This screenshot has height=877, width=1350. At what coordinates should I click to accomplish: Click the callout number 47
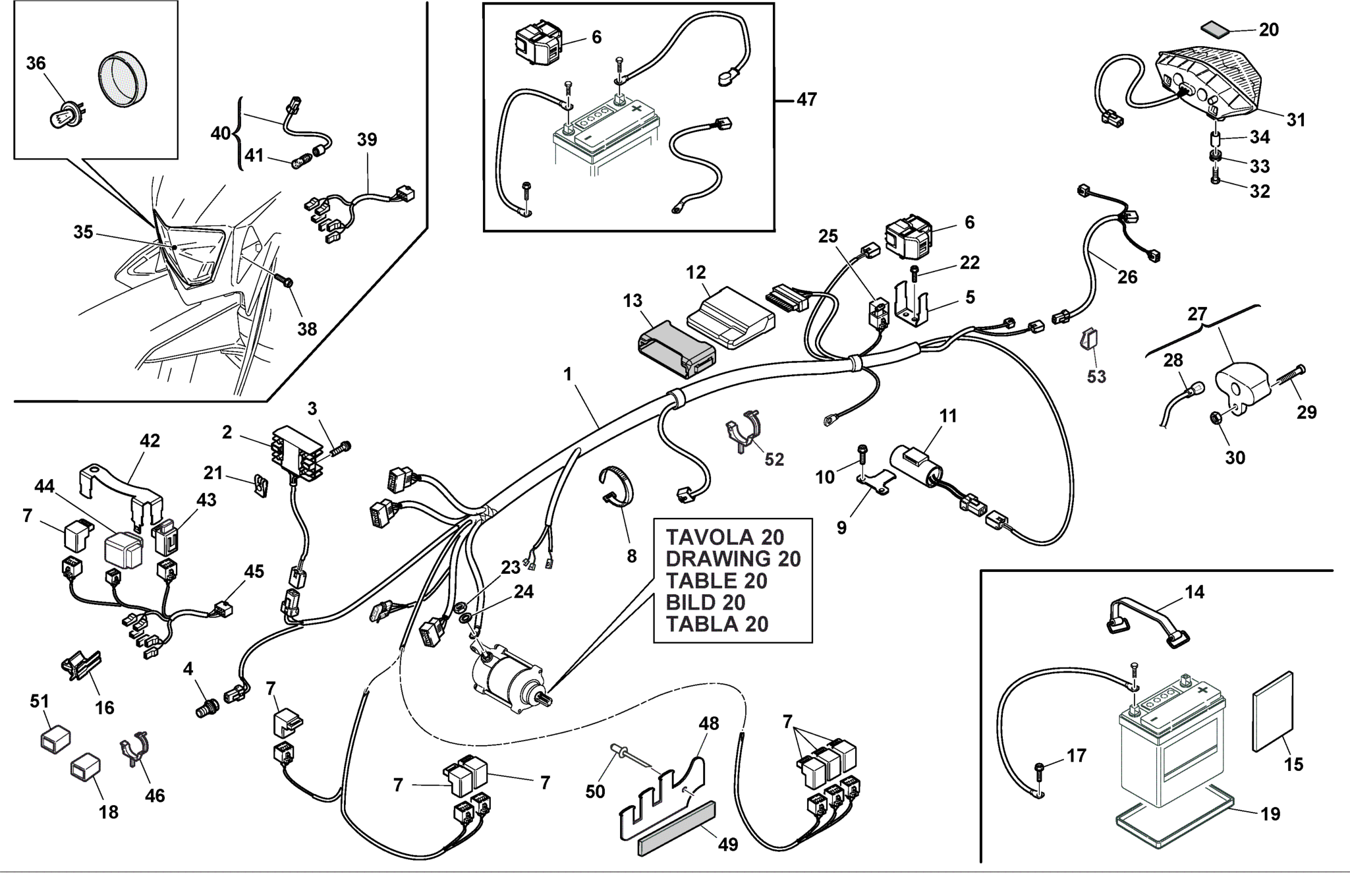[x=806, y=99]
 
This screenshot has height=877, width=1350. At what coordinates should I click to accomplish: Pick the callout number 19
[x=1270, y=814]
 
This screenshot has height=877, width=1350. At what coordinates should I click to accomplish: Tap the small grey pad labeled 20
[x=1215, y=30]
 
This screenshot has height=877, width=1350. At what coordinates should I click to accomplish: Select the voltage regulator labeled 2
[x=296, y=451]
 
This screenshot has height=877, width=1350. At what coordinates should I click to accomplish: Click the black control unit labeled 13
[x=675, y=350]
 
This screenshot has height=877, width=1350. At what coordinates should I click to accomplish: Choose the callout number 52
[x=773, y=459]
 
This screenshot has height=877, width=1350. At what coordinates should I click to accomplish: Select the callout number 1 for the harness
[x=568, y=375]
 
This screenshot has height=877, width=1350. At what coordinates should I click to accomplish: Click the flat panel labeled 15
[x=1272, y=712]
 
